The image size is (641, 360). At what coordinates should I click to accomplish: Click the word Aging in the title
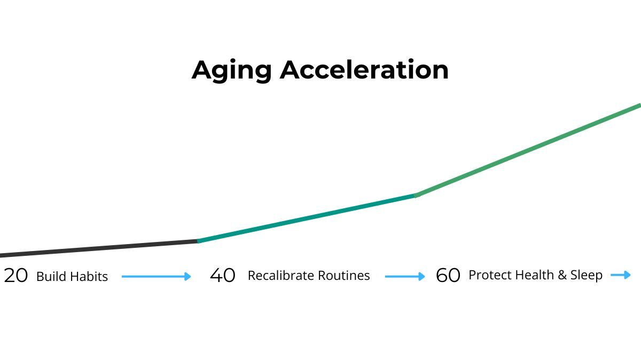point(231,71)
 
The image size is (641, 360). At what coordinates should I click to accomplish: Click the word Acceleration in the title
point(364,69)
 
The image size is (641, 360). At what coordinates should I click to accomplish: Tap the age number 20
point(16,276)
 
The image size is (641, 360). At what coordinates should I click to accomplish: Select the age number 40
point(223,276)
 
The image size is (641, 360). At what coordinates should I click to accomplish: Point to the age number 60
point(448,276)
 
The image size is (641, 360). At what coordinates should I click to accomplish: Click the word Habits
point(89,277)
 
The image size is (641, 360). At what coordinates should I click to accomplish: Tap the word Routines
point(344,276)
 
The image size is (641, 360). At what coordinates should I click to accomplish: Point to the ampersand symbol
point(562,275)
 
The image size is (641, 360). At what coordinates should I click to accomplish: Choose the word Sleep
point(587,275)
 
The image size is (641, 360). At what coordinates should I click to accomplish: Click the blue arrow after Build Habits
point(156,277)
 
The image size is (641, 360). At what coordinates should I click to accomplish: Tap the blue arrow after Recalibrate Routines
point(405,277)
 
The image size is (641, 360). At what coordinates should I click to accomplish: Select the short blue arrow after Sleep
point(620,275)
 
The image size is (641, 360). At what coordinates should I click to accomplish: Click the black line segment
point(99,248)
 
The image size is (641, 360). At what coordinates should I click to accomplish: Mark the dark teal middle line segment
point(307,218)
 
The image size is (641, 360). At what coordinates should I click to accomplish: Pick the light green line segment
point(528,150)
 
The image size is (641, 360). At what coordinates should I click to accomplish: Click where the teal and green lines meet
point(416,195)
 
